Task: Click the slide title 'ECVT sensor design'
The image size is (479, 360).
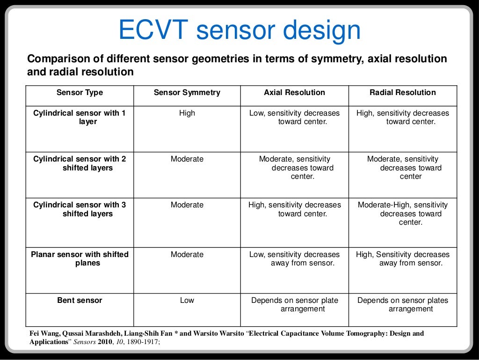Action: point(239,31)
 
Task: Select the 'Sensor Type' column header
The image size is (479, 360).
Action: point(80,93)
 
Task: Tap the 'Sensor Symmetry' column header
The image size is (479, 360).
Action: point(187,93)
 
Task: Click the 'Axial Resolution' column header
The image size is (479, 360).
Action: point(294,93)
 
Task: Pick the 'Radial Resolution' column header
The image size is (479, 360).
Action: point(402,93)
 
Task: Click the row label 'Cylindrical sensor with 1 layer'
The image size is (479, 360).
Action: point(80,118)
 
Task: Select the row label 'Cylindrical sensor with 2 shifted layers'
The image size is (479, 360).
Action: point(80,163)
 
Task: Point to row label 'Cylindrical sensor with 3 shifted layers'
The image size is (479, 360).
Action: point(80,209)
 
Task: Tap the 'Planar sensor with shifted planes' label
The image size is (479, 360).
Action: point(80,259)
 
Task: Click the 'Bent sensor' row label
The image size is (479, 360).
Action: point(80,301)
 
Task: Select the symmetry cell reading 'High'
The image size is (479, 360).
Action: point(187,113)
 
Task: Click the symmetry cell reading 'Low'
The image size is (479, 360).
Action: point(187,301)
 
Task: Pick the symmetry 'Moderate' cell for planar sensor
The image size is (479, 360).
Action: point(187,255)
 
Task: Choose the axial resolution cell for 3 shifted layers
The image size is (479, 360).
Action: point(295,209)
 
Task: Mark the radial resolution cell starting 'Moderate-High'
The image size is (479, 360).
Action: point(403,213)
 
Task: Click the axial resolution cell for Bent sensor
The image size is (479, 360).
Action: point(295,305)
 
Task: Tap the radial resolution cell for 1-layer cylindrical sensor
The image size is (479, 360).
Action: point(403,118)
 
